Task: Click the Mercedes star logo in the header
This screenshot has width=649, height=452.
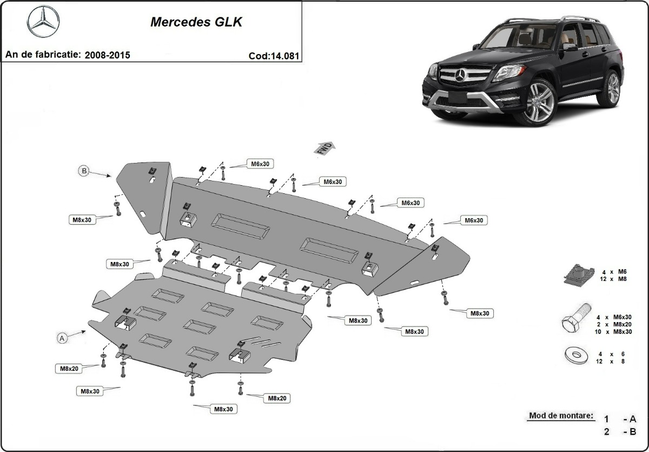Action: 43,22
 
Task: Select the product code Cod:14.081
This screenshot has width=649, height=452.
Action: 274,55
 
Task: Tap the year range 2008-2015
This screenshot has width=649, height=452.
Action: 107,55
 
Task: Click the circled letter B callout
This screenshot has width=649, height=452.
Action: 84,171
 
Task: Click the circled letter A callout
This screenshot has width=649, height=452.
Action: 62,338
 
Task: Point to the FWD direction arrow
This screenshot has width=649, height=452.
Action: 326,148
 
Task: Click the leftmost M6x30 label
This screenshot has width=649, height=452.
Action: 259,163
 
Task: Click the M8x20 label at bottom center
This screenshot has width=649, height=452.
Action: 276,398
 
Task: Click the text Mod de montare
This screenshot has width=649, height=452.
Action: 561,416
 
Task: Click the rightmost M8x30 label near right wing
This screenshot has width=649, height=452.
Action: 480,313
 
